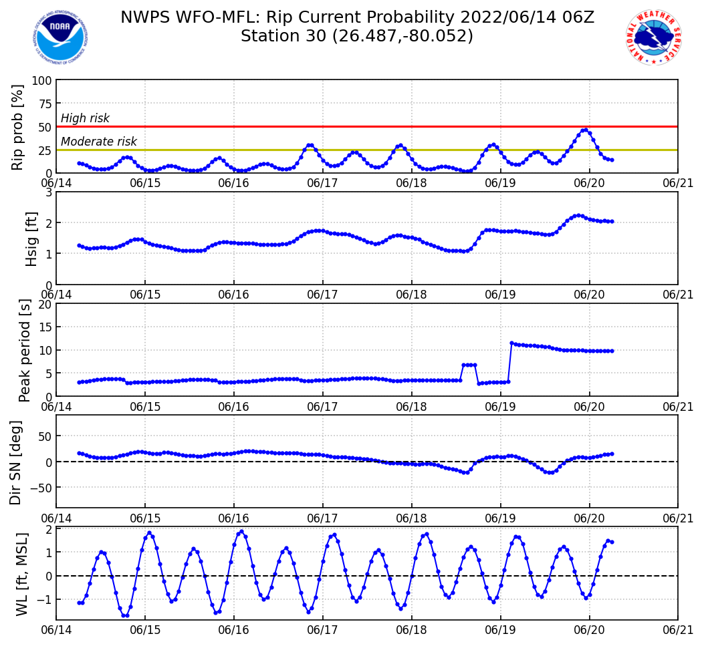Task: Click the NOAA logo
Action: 60,37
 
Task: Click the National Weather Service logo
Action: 653,37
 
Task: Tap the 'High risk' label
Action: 85,119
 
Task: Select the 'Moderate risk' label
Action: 99,142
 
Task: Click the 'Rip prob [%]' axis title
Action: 18,127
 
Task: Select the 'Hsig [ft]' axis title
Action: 31,238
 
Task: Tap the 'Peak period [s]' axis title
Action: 25,350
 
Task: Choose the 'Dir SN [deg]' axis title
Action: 15,462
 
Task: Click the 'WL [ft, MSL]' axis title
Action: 22,573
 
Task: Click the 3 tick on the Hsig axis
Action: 49,192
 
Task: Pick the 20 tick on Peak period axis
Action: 45,304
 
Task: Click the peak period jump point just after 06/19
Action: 511,343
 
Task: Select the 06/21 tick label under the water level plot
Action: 677,630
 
